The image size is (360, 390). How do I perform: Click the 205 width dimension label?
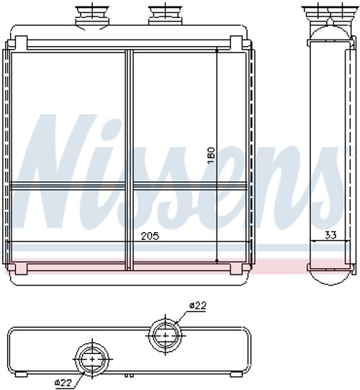[x=150, y=236]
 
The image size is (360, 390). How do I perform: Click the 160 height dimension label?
[x=211, y=156]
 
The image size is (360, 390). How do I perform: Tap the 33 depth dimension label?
[x=330, y=235]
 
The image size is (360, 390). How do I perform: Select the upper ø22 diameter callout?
[x=197, y=306]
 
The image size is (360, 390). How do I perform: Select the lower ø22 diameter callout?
[x=63, y=381]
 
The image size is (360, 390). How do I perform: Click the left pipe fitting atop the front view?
[x=92, y=15]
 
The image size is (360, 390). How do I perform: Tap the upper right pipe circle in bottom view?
[x=165, y=334]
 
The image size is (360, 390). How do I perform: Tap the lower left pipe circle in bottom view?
[x=92, y=359]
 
